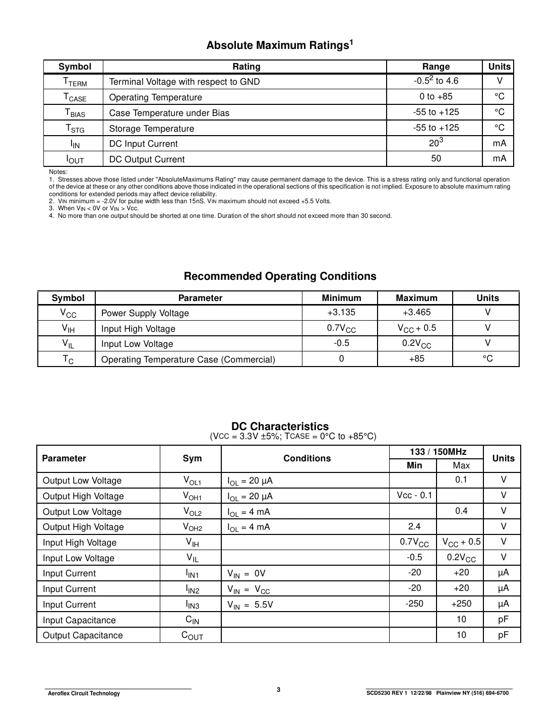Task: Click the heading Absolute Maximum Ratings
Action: (279, 45)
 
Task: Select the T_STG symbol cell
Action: (75, 129)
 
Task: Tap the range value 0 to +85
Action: (436, 96)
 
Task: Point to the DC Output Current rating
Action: (147, 159)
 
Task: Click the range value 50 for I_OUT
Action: (436, 158)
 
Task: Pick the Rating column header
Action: (246, 67)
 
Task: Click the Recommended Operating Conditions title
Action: (280, 276)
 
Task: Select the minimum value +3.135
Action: (341, 312)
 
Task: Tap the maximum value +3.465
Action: (416, 312)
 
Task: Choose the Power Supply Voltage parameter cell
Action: (145, 313)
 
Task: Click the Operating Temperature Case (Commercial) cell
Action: (188, 359)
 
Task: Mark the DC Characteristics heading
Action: (280, 427)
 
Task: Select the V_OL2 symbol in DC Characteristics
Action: (192, 512)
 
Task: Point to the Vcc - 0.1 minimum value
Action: (414, 495)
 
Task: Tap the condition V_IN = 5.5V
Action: (250, 605)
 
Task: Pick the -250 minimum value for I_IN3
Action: (414, 604)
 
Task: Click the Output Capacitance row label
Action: (83, 635)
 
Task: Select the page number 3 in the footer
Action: (278, 690)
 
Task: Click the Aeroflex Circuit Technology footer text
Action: (84, 693)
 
